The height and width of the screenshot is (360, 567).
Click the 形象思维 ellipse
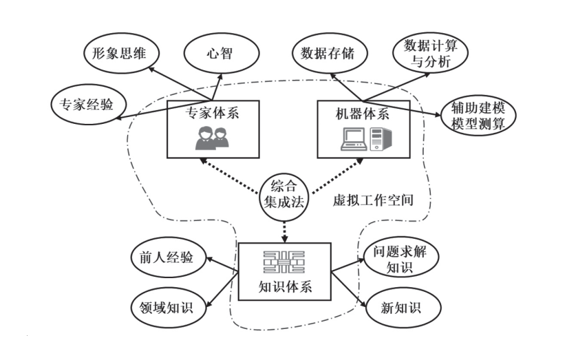[x=119, y=53]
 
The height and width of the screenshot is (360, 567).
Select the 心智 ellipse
[x=221, y=53]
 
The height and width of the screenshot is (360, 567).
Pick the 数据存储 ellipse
[x=323, y=53]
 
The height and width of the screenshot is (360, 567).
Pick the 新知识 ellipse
[x=400, y=307]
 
